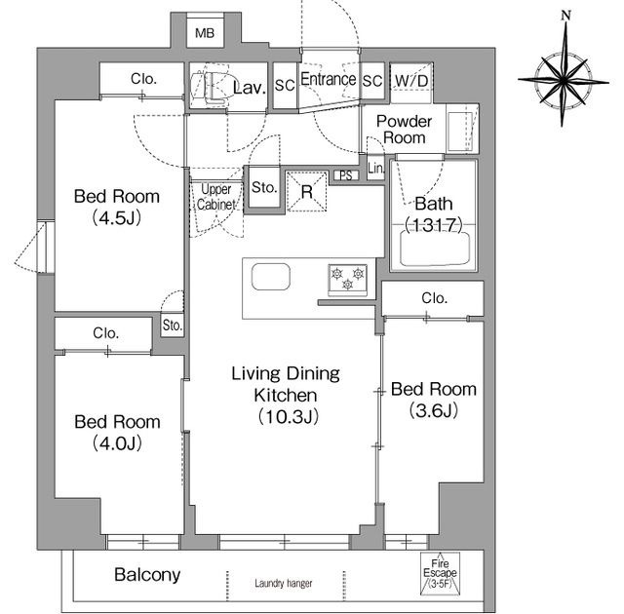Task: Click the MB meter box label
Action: [x=205, y=33]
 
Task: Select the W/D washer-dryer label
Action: [x=411, y=81]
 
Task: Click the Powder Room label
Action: [x=404, y=130]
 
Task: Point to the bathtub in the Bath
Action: [x=435, y=249]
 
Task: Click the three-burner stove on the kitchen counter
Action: [x=348, y=281]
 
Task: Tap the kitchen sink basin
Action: [x=271, y=277]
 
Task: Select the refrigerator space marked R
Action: [x=306, y=192]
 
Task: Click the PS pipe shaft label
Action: [x=346, y=175]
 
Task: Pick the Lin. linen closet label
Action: [x=376, y=169]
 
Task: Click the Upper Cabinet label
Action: [x=216, y=197]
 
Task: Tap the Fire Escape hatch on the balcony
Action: [x=440, y=573]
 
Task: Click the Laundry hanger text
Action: [x=284, y=584]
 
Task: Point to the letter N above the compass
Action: [x=565, y=16]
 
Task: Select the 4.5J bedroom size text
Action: [x=117, y=218]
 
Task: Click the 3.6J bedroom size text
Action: [x=433, y=410]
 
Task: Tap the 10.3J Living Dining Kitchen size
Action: [x=288, y=417]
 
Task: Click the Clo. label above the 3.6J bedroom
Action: [x=434, y=298]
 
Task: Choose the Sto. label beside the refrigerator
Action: [x=264, y=187]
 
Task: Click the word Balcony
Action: [x=147, y=575]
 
